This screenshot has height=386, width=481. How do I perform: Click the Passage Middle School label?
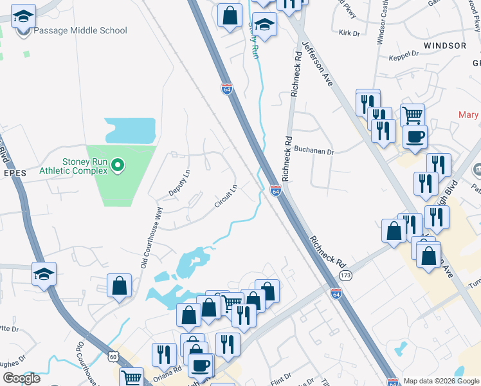(x=80, y=30)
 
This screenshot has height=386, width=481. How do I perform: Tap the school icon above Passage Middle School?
(x=24, y=17)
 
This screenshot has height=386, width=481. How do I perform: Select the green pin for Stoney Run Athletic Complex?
(x=117, y=166)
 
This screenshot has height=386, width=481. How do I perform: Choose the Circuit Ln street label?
(x=226, y=196)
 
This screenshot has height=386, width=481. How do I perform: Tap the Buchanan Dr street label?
(x=314, y=152)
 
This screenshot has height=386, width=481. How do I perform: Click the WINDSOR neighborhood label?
(x=444, y=46)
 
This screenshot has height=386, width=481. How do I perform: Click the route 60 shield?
(x=113, y=356)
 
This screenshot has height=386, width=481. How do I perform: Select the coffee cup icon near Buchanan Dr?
(x=415, y=136)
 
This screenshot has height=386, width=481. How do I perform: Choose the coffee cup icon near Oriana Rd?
(x=201, y=365)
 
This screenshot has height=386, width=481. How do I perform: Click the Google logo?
(x=21, y=378)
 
